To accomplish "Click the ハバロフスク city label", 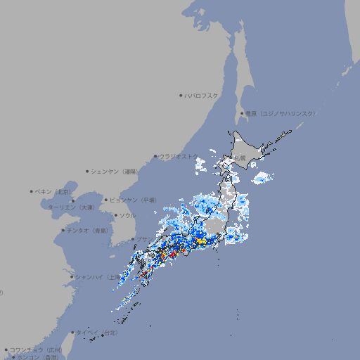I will click(x=202, y=95).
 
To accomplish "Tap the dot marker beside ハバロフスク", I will click(x=181, y=95).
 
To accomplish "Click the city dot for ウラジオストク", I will click(x=156, y=156).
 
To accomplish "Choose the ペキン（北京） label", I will click(x=55, y=191).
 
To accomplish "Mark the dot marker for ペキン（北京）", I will click(x=32, y=191).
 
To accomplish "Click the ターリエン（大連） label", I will click(x=70, y=207).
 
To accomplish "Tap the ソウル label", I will click(x=127, y=215).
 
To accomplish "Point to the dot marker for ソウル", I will click(x=115, y=215).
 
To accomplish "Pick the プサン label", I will click(x=142, y=240).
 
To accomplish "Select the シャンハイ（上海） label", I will click(x=98, y=277).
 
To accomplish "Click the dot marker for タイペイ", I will click(x=73, y=333).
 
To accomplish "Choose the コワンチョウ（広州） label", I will click(x=36, y=349).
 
